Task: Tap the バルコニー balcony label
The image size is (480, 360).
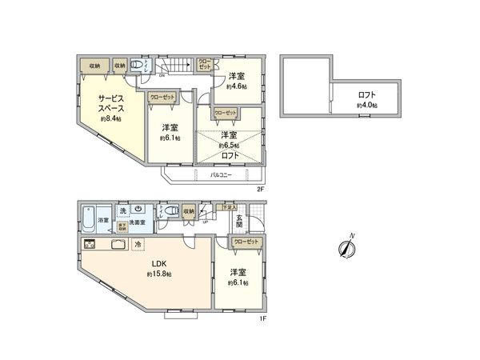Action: [222, 174]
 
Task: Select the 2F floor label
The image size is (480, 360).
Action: [260, 189]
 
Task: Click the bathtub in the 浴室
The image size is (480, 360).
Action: [88, 218]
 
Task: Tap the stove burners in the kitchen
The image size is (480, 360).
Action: [90, 244]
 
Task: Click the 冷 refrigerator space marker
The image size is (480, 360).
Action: [138, 244]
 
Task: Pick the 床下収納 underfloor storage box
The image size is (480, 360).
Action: [122, 226]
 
